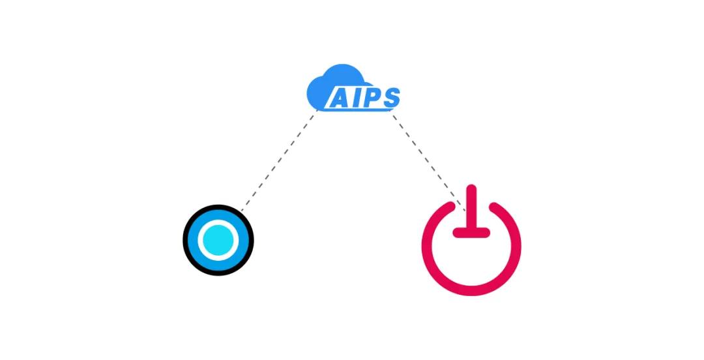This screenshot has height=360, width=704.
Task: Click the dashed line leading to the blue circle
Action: point(279,160)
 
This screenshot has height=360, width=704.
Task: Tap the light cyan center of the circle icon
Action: point(218,240)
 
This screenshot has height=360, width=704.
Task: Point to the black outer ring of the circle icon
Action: point(218,206)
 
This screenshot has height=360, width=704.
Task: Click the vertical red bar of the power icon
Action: point(471,207)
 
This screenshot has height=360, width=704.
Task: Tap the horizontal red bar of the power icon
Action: point(471,232)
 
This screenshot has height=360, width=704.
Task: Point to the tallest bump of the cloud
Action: point(343,67)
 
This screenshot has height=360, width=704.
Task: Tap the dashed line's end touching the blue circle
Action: point(241,210)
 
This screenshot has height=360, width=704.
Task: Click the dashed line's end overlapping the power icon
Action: point(465,211)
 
